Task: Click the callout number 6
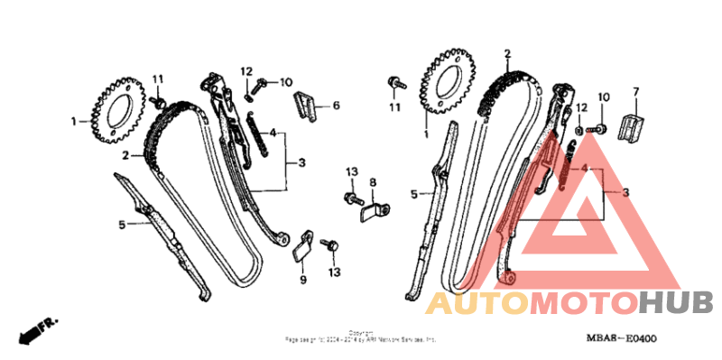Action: (x=336, y=106)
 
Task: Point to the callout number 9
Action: (x=303, y=279)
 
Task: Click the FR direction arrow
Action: (x=34, y=328)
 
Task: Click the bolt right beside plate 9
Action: (x=330, y=244)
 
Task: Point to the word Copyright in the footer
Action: (x=361, y=332)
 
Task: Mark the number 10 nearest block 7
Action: (x=604, y=97)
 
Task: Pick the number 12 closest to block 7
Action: (x=581, y=107)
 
